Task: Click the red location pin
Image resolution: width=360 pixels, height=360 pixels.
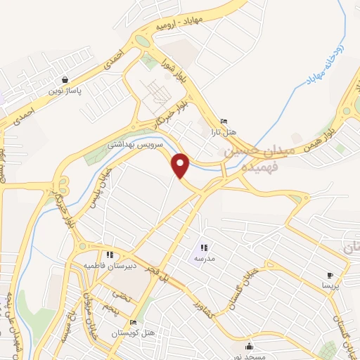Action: [x=181, y=165]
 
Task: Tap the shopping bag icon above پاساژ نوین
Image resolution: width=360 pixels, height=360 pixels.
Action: [x=65, y=80]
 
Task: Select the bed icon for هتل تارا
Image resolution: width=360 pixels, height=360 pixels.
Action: [x=224, y=121]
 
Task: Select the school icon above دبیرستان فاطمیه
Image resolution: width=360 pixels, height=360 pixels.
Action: [x=109, y=255]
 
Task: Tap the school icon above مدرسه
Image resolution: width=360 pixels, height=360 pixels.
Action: [x=204, y=247]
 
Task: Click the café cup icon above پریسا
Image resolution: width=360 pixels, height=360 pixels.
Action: [x=330, y=275]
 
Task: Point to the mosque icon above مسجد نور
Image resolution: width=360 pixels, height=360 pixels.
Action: [x=249, y=346]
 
